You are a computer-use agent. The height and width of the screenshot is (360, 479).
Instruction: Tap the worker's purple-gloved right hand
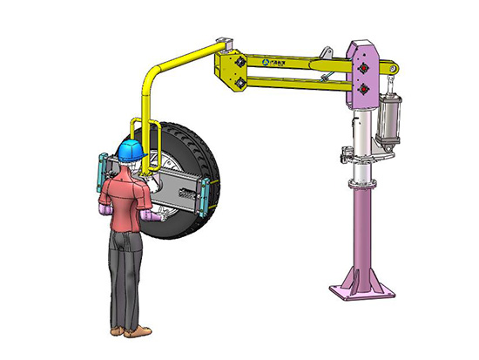click(154, 214)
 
